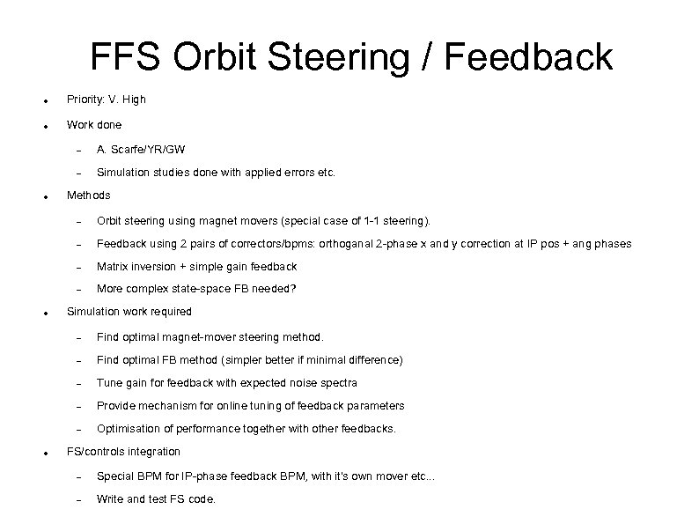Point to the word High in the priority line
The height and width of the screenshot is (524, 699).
click(134, 100)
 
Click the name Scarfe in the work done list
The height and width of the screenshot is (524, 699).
click(129, 150)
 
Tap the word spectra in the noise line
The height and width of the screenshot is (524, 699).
click(339, 382)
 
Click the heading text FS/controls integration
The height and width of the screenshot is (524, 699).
click(123, 451)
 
